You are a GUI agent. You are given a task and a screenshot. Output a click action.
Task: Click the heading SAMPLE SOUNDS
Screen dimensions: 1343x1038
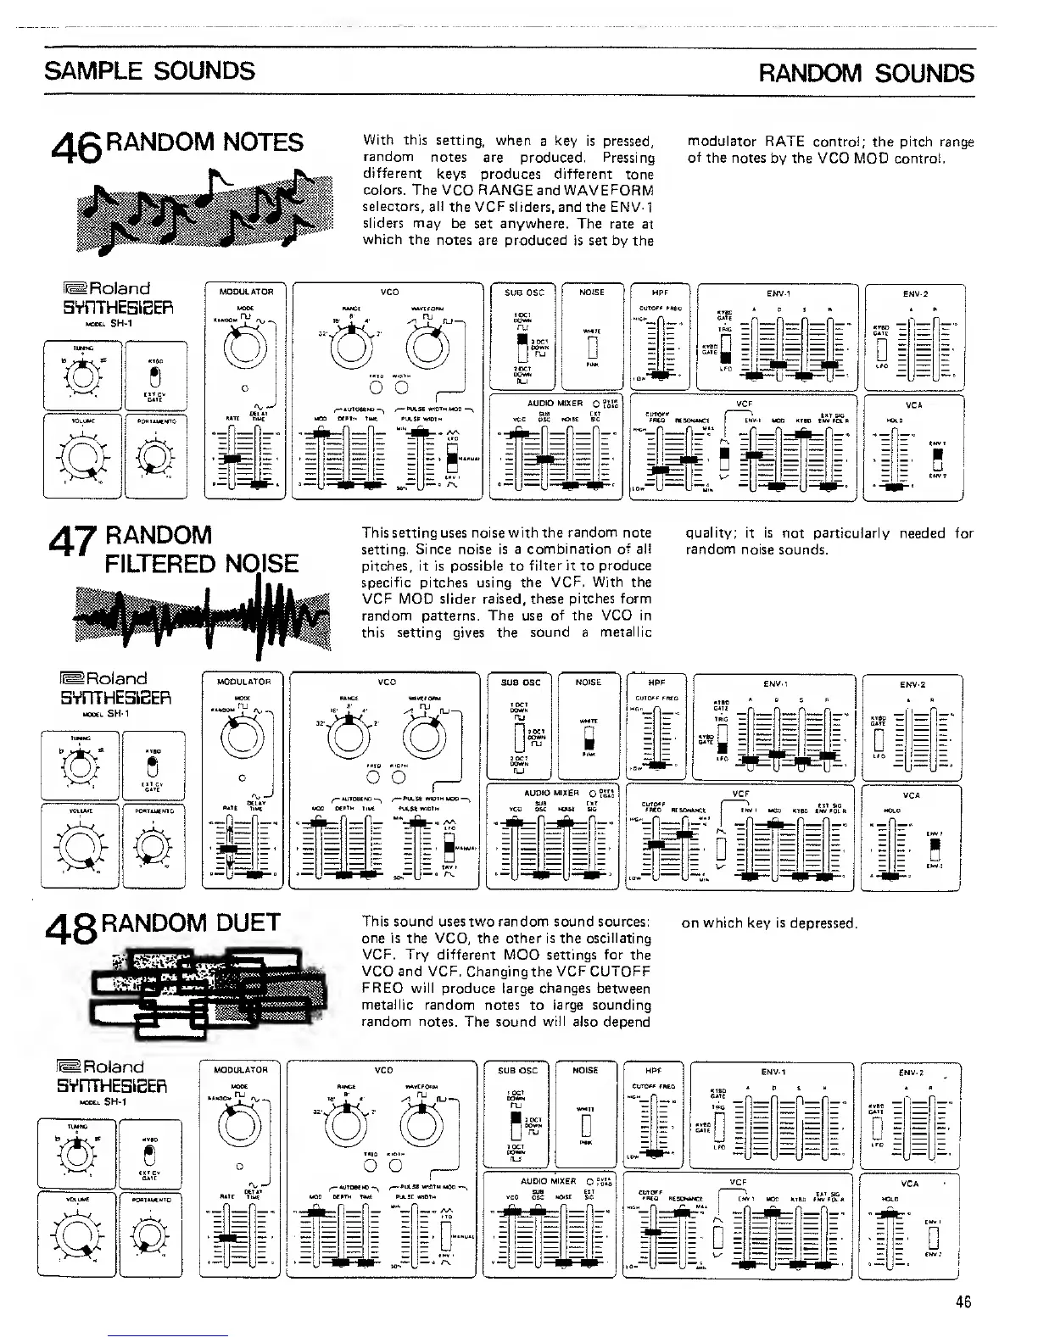click(149, 70)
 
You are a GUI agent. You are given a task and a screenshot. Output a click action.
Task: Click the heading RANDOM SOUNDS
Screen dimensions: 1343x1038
click(866, 73)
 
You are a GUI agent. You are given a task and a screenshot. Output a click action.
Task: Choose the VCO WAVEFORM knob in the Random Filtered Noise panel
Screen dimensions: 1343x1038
click(424, 736)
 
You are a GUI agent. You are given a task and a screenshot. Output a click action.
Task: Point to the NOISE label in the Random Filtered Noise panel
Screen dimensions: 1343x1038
click(589, 682)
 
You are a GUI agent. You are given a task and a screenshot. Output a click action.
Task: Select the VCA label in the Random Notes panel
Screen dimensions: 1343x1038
click(913, 405)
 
